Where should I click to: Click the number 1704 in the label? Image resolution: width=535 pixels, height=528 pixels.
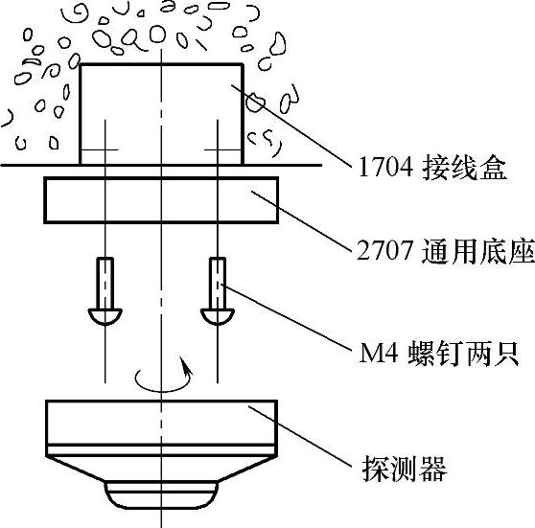(385, 168)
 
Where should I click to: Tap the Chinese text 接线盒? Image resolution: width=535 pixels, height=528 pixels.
(464, 168)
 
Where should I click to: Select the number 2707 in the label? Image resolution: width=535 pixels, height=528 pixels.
(384, 251)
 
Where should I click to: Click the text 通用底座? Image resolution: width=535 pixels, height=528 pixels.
(478, 251)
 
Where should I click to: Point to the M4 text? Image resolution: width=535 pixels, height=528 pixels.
(379, 353)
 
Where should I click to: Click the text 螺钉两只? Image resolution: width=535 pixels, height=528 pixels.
(464, 353)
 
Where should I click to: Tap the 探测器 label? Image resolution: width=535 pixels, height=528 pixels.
(405, 469)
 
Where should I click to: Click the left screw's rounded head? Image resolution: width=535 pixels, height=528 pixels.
(105, 316)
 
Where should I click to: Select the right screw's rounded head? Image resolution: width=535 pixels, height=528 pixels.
(218, 316)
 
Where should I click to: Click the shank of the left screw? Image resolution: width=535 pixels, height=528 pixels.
(105, 283)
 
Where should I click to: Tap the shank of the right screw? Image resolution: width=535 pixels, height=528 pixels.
(218, 283)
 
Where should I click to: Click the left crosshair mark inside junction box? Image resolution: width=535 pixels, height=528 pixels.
(105, 149)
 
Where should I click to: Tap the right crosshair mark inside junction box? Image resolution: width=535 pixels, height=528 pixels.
(218, 149)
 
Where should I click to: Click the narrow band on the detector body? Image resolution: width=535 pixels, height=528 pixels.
(161, 449)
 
